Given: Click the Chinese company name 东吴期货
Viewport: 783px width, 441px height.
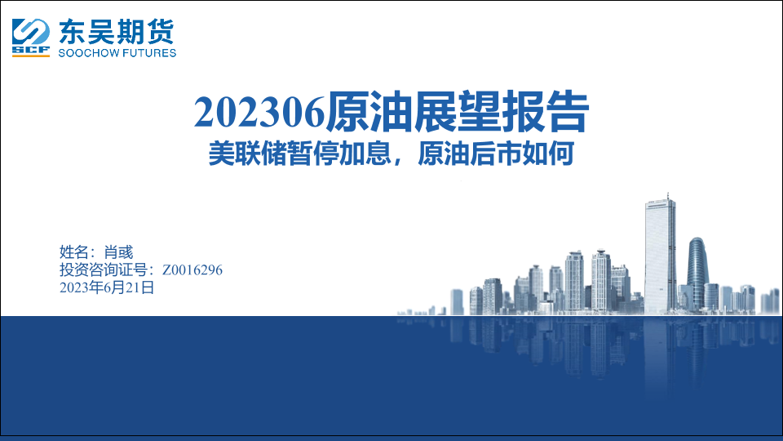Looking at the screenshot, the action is point(117,32).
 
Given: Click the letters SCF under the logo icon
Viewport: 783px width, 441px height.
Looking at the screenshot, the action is point(31,50).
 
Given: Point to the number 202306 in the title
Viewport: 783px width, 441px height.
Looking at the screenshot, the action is point(259,112).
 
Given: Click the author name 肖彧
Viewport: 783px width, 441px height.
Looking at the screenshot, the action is point(118,252).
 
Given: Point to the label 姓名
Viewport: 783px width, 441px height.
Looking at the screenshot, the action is point(74,252).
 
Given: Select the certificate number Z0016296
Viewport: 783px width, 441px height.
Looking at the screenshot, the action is point(192,270).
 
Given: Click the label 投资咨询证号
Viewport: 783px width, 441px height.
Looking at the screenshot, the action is point(104,270).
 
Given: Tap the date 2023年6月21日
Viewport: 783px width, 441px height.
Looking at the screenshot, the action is point(107,287).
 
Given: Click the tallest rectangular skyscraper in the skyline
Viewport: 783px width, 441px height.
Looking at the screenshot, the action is point(660,255).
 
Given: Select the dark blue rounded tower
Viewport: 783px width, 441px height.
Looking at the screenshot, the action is point(697,273).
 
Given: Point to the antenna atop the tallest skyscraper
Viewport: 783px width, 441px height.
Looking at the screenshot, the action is point(668,196).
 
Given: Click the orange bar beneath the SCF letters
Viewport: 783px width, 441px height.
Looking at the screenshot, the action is point(31,56).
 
